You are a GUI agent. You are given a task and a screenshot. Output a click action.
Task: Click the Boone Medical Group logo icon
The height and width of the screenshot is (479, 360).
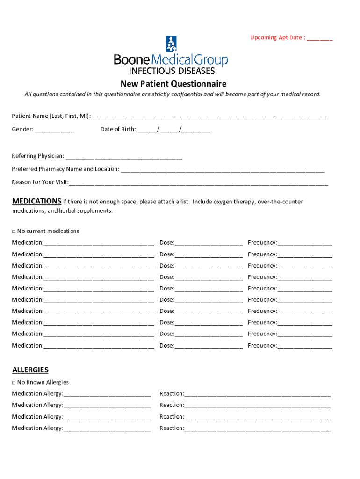tap(171, 44)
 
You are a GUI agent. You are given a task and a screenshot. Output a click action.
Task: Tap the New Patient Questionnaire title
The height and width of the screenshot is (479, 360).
tap(173, 84)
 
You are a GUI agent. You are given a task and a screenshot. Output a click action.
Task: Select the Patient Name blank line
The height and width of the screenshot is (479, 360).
tap(209, 116)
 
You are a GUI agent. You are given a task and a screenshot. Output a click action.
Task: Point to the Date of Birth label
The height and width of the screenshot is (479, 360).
tap(118, 130)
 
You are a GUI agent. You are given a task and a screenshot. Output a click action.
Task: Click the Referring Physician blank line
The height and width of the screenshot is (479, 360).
tap(124, 157)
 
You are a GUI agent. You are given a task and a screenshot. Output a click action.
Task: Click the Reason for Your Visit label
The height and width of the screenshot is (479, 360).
tap(40, 182)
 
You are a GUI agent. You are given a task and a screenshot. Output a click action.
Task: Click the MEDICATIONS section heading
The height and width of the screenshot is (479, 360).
tap(36, 201)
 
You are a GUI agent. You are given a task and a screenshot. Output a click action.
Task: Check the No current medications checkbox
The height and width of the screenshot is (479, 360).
tap(14, 232)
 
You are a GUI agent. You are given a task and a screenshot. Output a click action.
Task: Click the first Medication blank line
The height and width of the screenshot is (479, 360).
tap(99, 243)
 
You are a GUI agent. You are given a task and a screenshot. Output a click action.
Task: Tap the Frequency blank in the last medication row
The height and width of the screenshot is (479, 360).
tap(305, 346)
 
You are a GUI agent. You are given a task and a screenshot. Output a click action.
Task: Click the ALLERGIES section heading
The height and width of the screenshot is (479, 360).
tap(30, 370)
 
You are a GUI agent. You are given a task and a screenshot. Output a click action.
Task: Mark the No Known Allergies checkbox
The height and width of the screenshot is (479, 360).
tap(14, 383)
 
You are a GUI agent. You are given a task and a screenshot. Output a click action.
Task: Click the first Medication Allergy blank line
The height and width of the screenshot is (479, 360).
tap(107, 394)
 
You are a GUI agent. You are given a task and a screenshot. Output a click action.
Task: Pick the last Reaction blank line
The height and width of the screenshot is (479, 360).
tap(257, 428)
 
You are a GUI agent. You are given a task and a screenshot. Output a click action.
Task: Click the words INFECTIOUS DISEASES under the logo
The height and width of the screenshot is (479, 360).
tap(172, 71)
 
